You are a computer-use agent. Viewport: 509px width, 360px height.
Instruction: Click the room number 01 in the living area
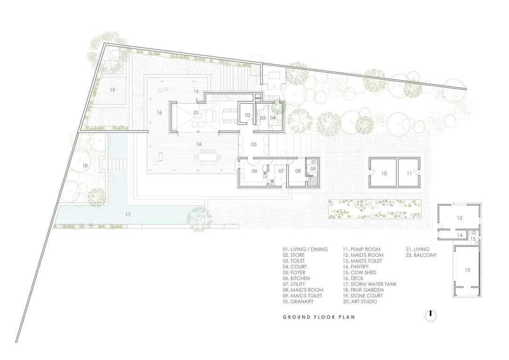[x=196, y=113]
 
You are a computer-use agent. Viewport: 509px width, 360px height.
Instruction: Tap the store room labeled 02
[x=247, y=115]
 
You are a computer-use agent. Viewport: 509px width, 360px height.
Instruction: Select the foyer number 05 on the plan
[x=254, y=144]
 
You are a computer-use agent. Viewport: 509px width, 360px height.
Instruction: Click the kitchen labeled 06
[x=254, y=171]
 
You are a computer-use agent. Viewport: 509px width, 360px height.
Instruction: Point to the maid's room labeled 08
[x=298, y=171]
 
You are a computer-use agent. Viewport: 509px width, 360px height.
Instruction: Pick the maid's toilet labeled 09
[x=313, y=168]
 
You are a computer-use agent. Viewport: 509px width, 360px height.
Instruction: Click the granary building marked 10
[x=384, y=173]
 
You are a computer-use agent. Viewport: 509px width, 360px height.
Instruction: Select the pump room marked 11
[x=409, y=173]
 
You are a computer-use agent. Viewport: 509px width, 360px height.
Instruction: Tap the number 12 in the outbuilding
[x=460, y=218]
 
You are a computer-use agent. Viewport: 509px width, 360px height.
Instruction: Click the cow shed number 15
[x=467, y=270]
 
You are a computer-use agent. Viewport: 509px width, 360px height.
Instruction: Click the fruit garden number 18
[x=85, y=166]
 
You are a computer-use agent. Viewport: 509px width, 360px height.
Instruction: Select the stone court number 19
[x=112, y=89]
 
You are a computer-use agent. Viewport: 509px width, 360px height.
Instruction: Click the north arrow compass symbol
[x=430, y=316]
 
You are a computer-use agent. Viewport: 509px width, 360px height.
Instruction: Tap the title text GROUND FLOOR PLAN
[x=319, y=317]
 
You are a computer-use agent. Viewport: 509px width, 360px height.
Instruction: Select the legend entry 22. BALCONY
[x=421, y=255]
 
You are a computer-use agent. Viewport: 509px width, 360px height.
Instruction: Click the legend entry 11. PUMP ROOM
[x=361, y=249]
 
